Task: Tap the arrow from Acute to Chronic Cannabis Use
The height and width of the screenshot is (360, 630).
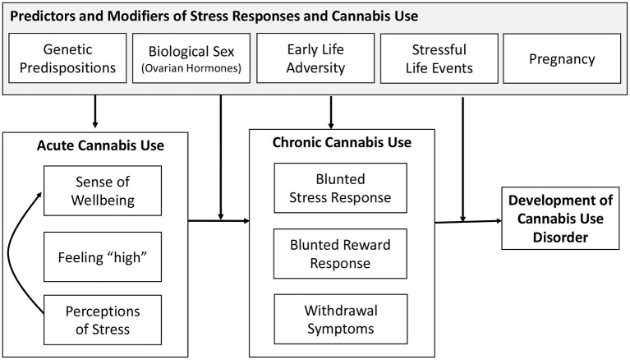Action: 218,220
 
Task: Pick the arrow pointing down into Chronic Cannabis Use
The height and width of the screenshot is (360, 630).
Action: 332,112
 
